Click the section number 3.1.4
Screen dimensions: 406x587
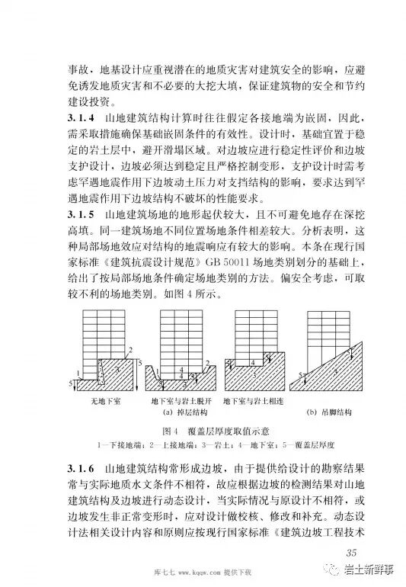tap(73, 118)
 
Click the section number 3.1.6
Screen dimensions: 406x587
tap(73, 467)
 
